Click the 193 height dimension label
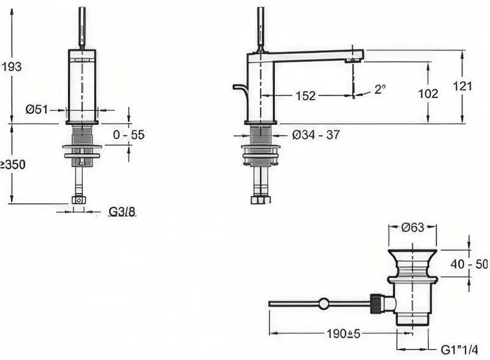12,67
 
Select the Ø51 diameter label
37,110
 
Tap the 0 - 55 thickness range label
129,135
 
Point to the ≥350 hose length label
13,164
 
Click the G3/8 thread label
122,212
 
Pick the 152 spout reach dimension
306,96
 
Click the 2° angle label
380,89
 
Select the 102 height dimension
428,94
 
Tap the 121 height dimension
462,86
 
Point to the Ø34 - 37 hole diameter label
315,135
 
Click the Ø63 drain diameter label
412,228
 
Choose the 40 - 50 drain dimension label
469,264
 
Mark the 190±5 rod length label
344,334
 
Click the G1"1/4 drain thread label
459,350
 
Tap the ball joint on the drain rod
324,304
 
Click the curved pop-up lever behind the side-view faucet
240,89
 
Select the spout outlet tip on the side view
355,61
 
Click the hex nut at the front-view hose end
78,200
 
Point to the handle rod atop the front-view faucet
82,28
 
